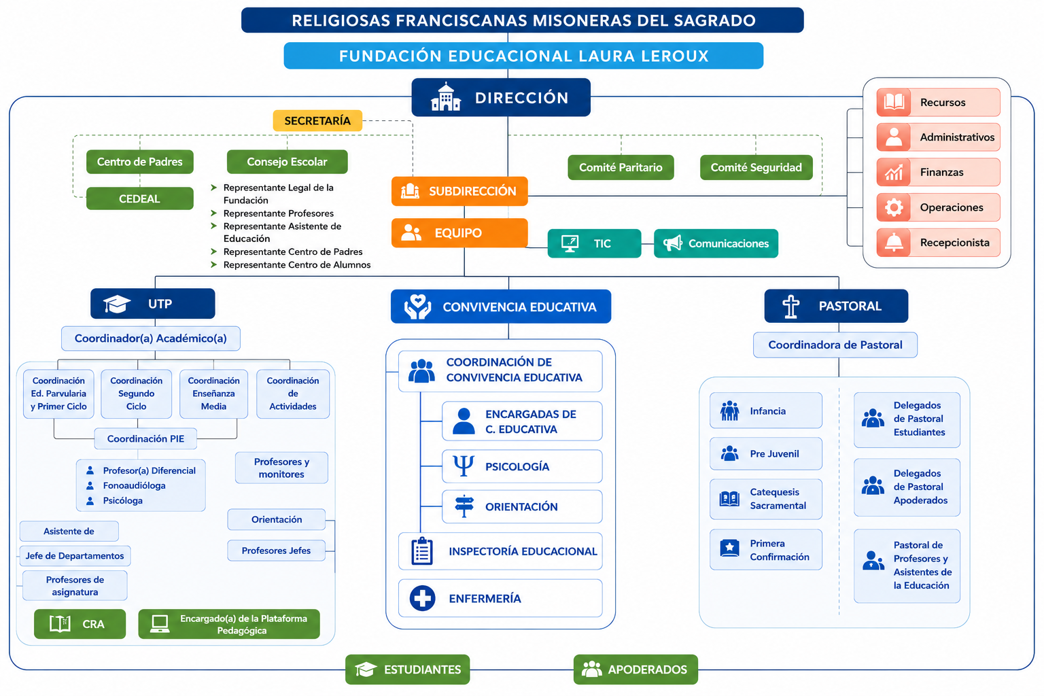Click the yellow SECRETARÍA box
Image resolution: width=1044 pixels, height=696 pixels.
tap(317, 121)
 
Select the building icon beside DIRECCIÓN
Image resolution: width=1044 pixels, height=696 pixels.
tap(446, 97)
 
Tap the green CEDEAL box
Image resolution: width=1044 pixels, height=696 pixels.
tap(140, 198)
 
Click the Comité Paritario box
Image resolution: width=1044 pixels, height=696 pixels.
tap(621, 167)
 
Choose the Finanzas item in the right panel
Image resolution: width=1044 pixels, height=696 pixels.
tap(938, 172)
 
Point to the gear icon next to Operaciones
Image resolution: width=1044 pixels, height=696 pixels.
tap(894, 207)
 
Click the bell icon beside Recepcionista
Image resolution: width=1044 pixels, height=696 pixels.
tap(894, 243)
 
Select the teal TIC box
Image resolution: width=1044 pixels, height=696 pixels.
tap(594, 243)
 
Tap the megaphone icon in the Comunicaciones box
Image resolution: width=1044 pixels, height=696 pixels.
tap(672, 243)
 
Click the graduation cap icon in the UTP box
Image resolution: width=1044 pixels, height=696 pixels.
tap(116, 304)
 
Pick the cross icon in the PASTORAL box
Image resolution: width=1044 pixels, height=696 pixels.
tap(791, 307)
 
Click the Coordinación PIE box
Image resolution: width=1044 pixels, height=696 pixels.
tap(145, 438)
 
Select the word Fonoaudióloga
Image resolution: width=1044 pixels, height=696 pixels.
tap(134, 485)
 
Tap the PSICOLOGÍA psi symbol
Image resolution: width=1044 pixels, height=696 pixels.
tap(464, 466)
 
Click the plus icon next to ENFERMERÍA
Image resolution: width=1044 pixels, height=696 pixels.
tap(422, 598)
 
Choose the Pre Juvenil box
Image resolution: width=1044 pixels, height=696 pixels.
tap(766, 453)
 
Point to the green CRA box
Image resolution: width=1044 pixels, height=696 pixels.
tap(80, 624)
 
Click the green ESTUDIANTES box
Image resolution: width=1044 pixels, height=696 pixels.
tap(407, 669)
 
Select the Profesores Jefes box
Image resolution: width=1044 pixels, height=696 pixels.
tap(276, 551)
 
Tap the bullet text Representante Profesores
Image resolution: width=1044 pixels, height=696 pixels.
tap(279, 213)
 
